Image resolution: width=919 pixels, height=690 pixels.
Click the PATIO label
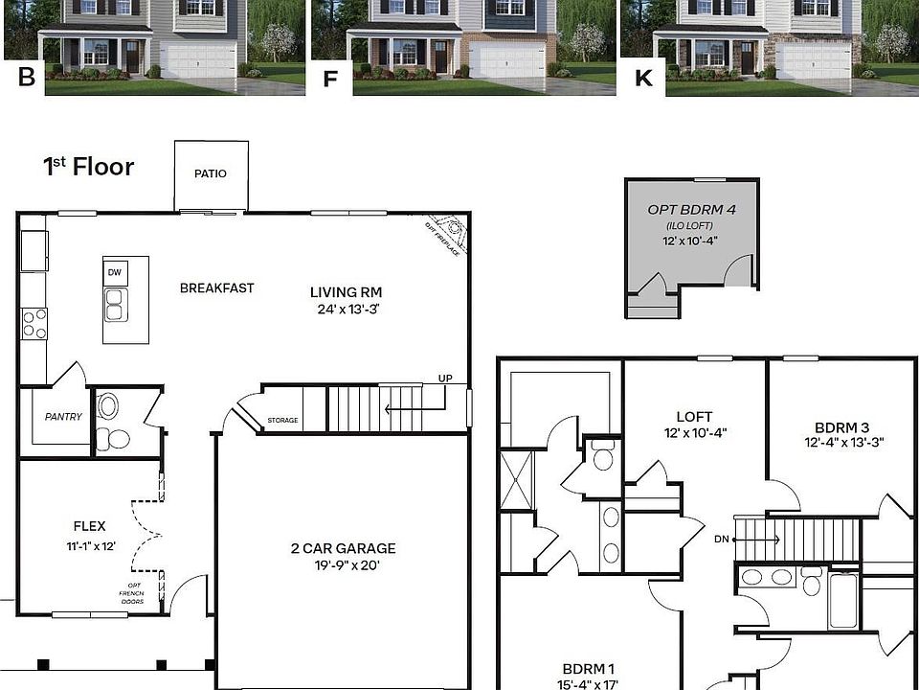(x=211, y=173)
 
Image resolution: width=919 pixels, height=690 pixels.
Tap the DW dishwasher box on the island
(x=115, y=273)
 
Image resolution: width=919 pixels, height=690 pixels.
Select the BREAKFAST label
(x=217, y=287)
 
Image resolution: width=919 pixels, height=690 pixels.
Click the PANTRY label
(x=63, y=417)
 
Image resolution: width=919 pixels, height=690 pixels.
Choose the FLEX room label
(x=89, y=526)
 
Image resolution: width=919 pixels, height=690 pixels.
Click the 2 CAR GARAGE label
(x=343, y=548)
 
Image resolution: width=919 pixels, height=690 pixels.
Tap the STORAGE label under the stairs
(x=282, y=421)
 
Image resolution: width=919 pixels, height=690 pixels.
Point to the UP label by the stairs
(x=445, y=379)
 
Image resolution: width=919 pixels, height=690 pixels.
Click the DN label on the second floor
(x=721, y=540)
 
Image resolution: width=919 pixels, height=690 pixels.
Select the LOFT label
(x=694, y=417)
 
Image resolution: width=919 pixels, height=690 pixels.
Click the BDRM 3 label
(x=842, y=427)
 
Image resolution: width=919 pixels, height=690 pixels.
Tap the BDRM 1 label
(x=588, y=669)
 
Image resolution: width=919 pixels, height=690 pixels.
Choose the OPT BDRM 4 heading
(x=691, y=209)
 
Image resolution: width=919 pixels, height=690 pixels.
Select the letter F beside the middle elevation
(x=331, y=79)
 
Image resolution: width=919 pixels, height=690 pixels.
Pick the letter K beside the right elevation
(x=643, y=79)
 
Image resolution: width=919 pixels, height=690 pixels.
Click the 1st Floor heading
(x=88, y=167)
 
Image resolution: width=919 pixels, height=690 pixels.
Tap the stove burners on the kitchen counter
(x=34, y=323)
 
